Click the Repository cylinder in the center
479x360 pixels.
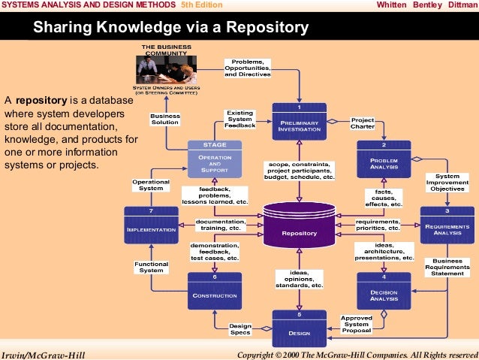(299, 227)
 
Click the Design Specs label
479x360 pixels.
(240, 328)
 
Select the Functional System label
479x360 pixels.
(151, 267)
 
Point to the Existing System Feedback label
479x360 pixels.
(240, 119)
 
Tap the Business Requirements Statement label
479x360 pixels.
(447, 267)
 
